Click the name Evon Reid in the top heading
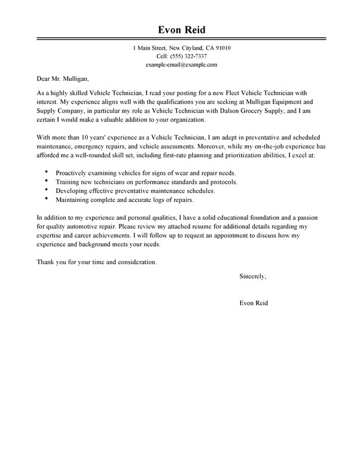click(x=181, y=30)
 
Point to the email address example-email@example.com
click(x=181, y=64)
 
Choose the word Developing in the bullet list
click(x=74, y=190)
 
